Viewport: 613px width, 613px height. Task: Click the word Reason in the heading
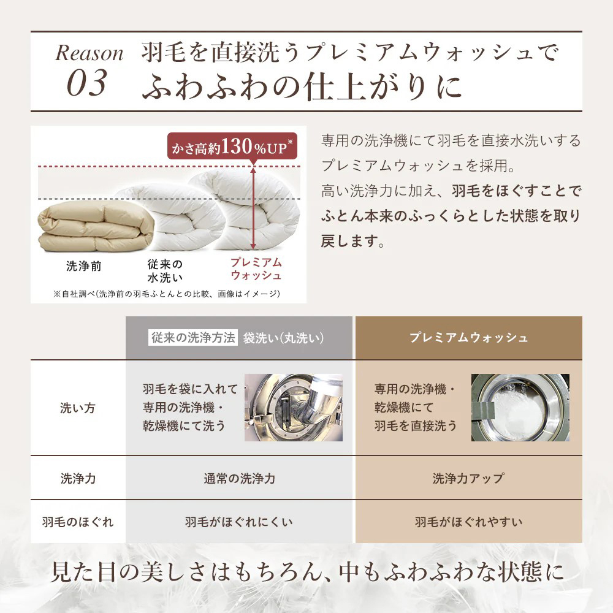tap(89, 53)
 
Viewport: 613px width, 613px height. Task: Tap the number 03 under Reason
tap(87, 83)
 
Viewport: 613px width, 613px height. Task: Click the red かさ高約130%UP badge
tap(232, 147)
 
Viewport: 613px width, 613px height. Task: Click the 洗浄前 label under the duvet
tap(83, 266)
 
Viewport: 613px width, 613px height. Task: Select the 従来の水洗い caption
tap(165, 270)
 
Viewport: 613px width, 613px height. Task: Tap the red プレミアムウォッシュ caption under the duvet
tap(256, 268)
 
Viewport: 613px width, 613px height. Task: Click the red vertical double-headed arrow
tap(253, 208)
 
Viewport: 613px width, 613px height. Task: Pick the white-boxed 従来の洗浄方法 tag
tap(193, 337)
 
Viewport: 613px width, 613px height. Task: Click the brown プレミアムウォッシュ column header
tap(469, 338)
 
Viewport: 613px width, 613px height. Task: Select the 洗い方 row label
tap(77, 408)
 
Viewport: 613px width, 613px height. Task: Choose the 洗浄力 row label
tap(78, 478)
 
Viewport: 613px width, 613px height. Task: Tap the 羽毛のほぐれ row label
tap(78, 522)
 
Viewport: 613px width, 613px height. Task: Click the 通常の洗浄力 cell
tap(239, 478)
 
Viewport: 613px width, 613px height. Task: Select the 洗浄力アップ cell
tap(468, 478)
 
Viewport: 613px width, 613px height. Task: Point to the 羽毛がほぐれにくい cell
tap(239, 522)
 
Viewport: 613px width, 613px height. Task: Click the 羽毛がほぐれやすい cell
tap(468, 522)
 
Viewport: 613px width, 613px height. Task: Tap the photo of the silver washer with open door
tap(294, 408)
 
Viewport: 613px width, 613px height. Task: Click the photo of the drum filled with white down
tap(520, 408)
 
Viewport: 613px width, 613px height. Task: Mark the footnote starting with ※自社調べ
tap(167, 294)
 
